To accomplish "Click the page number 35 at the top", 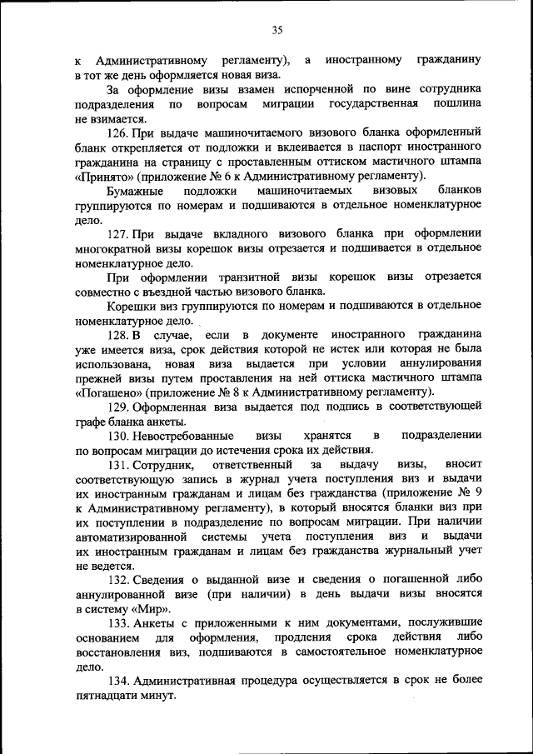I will pyautogui.click(x=277, y=30).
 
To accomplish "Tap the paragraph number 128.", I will pyautogui.click(x=119, y=334).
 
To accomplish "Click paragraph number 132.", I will pyautogui.click(x=119, y=579).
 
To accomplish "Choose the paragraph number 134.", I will pyautogui.click(x=119, y=680).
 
